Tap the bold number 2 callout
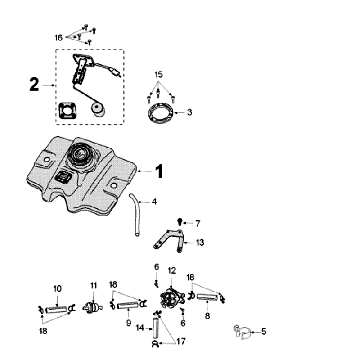click(x=34, y=85)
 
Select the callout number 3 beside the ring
click(x=190, y=112)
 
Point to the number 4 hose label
click(x=153, y=201)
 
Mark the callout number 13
click(x=200, y=242)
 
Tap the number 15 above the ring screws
click(x=158, y=75)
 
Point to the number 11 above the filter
click(x=94, y=287)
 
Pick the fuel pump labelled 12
click(x=171, y=298)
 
